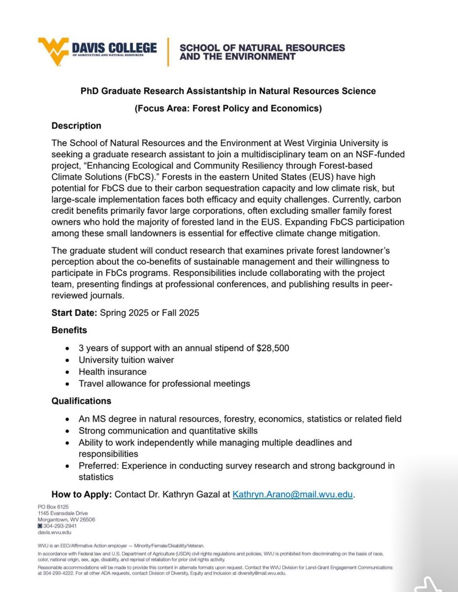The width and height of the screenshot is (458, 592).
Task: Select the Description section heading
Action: [76, 126]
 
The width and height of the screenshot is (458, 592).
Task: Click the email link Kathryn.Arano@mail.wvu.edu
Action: [293, 495]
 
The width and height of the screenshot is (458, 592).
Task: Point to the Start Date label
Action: [74, 313]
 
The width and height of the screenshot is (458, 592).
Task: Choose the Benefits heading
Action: [69, 330]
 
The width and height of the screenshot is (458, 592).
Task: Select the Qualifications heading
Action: [81, 401]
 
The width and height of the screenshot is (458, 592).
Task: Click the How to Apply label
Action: [82, 495]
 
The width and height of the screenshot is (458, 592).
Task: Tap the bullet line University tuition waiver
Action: [126, 360]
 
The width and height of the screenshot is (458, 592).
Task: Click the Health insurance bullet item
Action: [112, 371]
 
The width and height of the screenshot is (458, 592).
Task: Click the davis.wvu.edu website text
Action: [55, 532]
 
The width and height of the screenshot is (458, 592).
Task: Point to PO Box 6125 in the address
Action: [54, 507]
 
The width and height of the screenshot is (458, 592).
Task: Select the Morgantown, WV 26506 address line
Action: [67, 519]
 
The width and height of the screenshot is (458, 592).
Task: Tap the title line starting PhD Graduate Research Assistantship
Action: [228, 91]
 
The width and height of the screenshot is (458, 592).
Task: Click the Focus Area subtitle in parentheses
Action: [228, 109]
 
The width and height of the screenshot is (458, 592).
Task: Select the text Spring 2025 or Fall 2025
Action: [149, 313]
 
